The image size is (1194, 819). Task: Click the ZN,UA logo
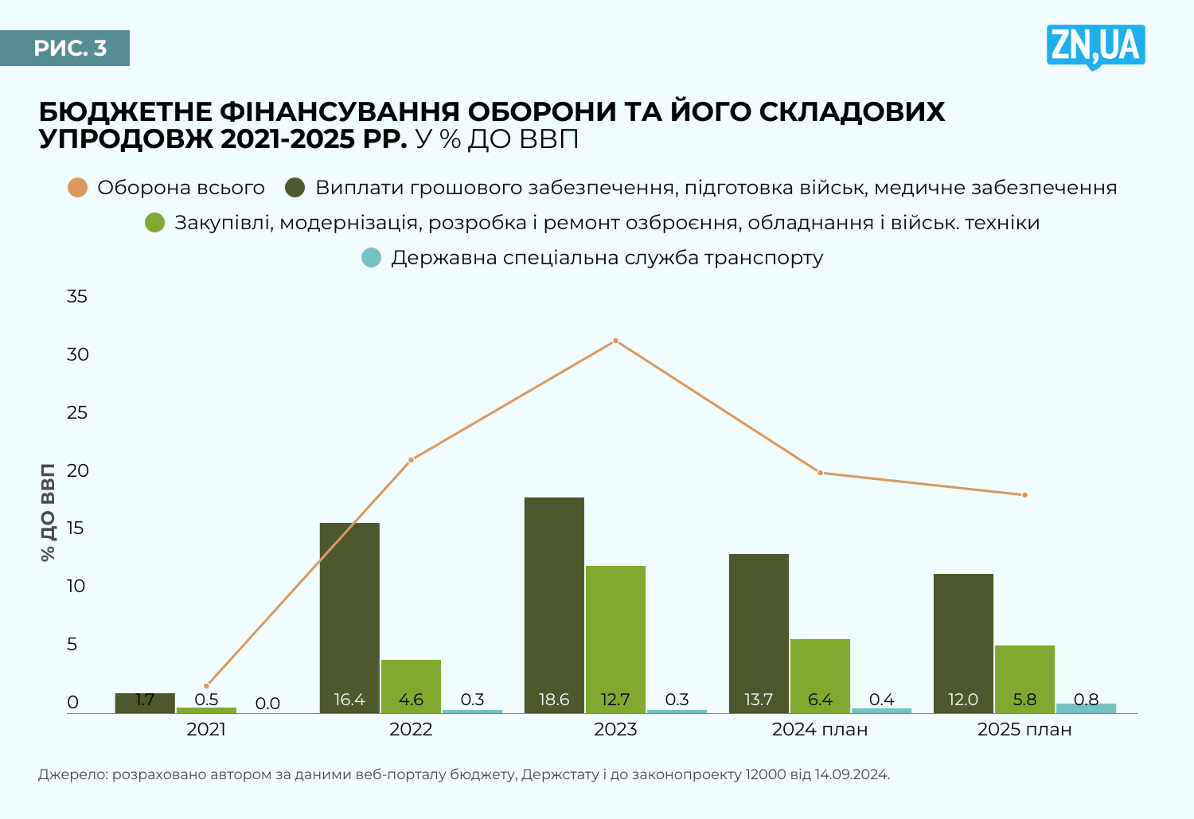click(1096, 46)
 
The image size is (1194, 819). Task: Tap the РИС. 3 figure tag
click(70, 49)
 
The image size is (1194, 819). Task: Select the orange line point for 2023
click(615, 341)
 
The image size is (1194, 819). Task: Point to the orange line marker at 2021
click(207, 685)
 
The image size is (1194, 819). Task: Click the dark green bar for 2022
click(349, 613)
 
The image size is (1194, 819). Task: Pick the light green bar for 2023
click(615, 637)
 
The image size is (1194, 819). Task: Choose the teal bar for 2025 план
click(1086, 708)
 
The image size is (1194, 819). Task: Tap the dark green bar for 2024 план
click(759, 629)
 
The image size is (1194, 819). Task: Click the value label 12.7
click(615, 700)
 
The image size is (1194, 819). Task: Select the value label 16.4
click(349, 700)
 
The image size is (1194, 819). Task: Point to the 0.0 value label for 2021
click(267, 704)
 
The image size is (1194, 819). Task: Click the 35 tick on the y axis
click(77, 297)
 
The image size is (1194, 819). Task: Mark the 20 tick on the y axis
click(77, 470)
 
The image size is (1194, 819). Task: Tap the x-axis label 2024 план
click(820, 729)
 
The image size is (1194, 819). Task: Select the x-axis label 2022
click(411, 729)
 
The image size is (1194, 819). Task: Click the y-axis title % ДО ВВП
click(48, 513)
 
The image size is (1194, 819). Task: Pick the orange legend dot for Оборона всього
click(77, 188)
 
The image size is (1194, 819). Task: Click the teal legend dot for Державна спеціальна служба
click(371, 258)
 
